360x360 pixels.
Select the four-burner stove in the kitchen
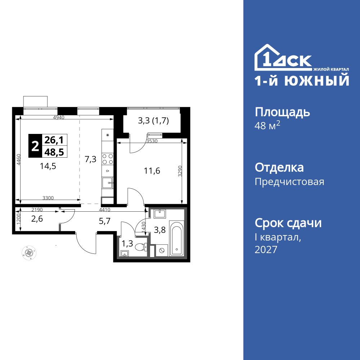(x=108, y=159)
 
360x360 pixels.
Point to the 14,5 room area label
(x=48, y=166)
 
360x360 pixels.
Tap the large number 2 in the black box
(x=35, y=146)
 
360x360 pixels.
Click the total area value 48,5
(x=54, y=152)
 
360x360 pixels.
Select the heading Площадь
(x=282, y=112)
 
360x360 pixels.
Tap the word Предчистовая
(x=289, y=181)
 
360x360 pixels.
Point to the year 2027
(x=266, y=249)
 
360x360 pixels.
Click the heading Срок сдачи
(x=288, y=223)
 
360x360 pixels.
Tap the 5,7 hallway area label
(x=104, y=221)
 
